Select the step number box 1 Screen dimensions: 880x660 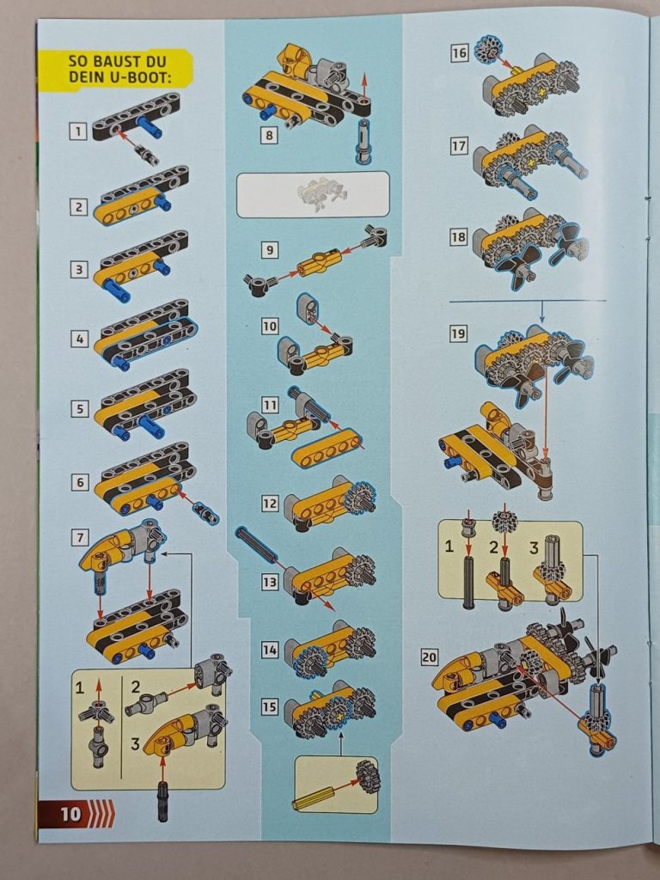79,131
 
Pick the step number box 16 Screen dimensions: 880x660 460,53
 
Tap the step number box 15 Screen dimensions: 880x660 270,706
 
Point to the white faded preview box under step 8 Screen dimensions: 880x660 312,193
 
